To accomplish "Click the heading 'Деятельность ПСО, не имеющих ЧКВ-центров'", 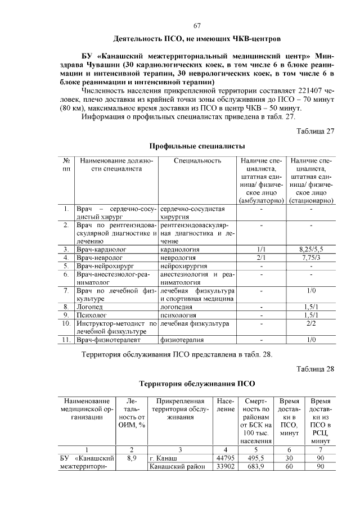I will pyautogui.click(x=197, y=40).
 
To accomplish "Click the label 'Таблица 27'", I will pyautogui.click(x=316, y=132).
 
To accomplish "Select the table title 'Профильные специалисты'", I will pyautogui.click(x=197, y=146).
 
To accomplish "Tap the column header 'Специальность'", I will pyautogui.click(x=197, y=161).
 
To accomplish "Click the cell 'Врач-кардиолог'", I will pyautogui.click(x=102, y=249).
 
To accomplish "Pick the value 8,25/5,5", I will pyautogui.click(x=311, y=249).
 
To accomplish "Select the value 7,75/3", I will pyautogui.click(x=311, y=257).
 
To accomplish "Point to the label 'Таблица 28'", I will pyautogui.click(x=316, y=369).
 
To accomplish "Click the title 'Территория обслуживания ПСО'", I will pyautogui.click(x=197, y=384).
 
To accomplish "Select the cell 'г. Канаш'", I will pyautogui.click(x=163, y=458).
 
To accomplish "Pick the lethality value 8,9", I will pyautogui.click(x=132, y=458).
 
